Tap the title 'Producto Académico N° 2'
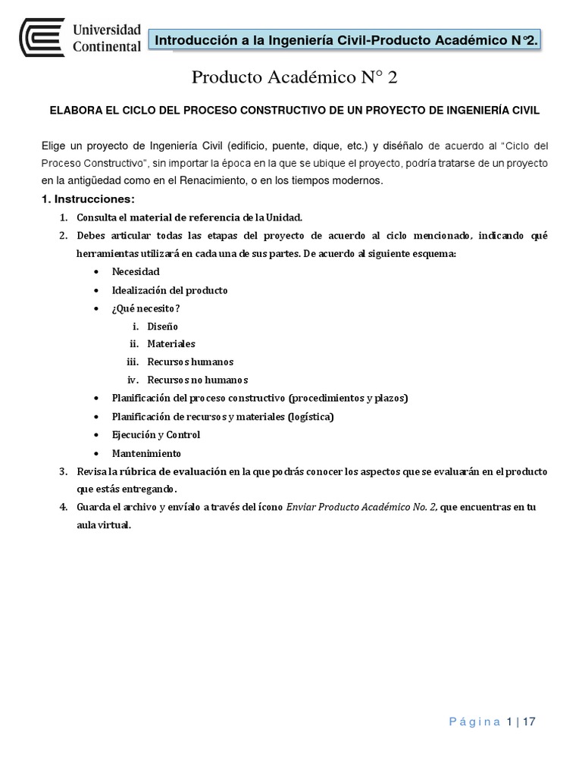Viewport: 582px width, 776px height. pyautogui.click(x=294, y=78)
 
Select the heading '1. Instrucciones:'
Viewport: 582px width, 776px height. pyautogui.click(x=87, y=199)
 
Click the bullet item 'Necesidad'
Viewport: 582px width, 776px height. pyautogui.click(x=136, y=271)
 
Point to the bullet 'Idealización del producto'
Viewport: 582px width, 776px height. pyautogui.click(x=170, y=289)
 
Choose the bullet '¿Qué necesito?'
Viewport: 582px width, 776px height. pyautogui.click(x=145, y=308)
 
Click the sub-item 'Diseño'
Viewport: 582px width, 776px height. pyautogui.click(x=162, y=326)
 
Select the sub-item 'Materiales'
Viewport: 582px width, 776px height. pyautogui.click(x=171, y=344)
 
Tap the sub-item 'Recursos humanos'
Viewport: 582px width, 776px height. pyautogui.click(x=190, y=361)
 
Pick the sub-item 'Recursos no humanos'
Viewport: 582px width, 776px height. pyautogui.click(x=198, y=380)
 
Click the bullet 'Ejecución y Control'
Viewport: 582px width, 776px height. pyautogui.click(x=156, y=435)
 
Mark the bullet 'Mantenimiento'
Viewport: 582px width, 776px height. pyautogui.click(x=146, y=453)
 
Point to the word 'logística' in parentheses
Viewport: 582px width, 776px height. pyautogui.click(x=309, y=416)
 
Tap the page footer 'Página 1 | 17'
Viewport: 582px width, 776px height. pyautogui.click(x=492, y=722)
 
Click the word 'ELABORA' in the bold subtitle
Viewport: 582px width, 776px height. pyautogui.click(x=74, y=111)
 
